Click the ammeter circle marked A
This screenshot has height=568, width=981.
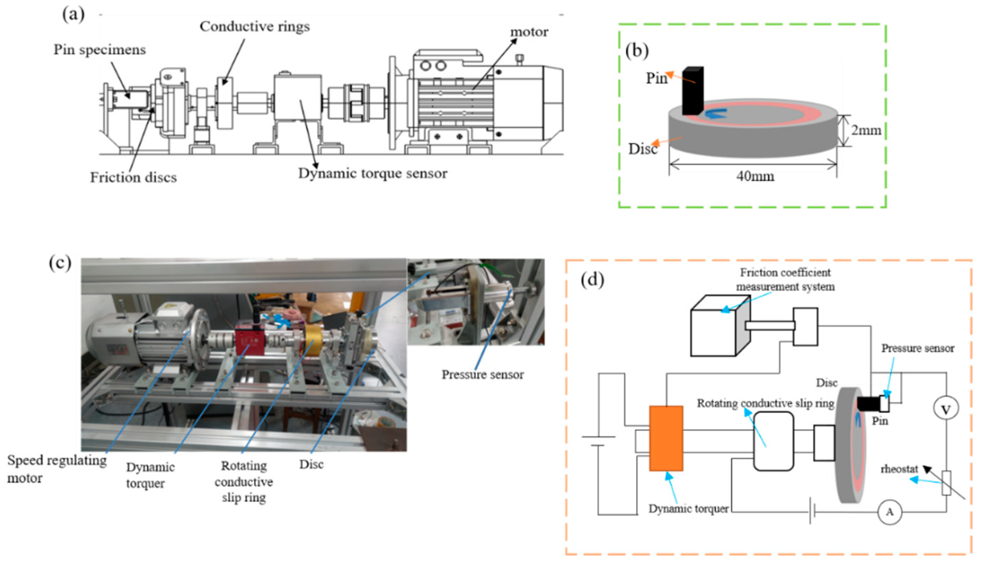point(890,512)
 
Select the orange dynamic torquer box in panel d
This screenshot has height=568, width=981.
point(666,438)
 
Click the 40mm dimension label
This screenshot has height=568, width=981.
point(755,176)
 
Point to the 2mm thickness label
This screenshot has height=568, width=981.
point(866,130)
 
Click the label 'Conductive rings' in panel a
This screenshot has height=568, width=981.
point(255,27)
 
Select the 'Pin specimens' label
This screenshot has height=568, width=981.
point(100,50)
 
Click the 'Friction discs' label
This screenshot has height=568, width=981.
point(133,177)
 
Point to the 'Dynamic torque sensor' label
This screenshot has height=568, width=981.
point(373,174)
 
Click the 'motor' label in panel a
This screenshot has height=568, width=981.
point(529,32)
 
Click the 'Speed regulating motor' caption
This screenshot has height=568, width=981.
point(57,469)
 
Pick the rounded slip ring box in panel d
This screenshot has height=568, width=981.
point(773,441)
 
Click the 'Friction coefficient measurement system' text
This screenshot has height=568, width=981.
point(785,279)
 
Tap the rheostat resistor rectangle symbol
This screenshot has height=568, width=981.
point(946,483)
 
